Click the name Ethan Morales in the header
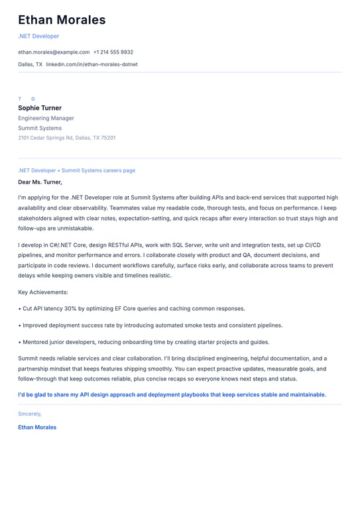62,20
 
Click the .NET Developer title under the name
38,36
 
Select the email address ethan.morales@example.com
54,52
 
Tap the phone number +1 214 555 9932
113,52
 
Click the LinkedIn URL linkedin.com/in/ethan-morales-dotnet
91,64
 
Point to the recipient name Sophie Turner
40,108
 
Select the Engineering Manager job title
46,118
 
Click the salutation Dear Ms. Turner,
40,182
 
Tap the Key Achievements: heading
43,292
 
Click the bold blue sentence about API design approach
172,394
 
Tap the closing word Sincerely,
30,414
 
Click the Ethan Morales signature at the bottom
37,427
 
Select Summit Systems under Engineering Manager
40,128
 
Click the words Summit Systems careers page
98,170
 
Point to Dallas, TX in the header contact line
30,64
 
